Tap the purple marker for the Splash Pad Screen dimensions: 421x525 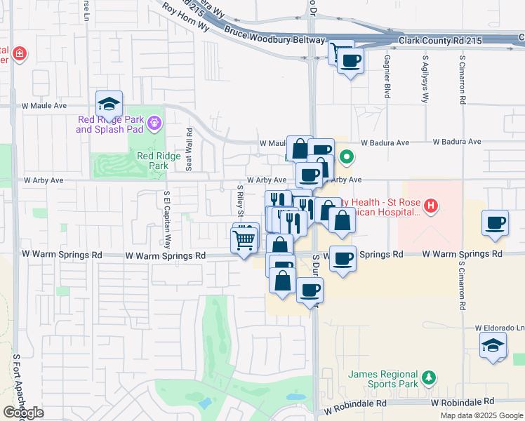155,124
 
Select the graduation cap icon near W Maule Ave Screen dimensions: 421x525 109,105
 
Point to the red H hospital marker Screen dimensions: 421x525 432,206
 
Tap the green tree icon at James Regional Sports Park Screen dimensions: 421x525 428,379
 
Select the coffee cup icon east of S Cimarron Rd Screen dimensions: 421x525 496,223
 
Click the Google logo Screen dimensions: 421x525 23,413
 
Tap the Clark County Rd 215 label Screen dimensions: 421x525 441,41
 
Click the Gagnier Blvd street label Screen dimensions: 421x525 387,77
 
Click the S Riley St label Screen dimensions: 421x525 240,200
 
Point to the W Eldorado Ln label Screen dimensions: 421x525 499,328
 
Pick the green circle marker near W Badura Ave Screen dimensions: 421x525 345,156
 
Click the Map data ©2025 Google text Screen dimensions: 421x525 481,415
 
